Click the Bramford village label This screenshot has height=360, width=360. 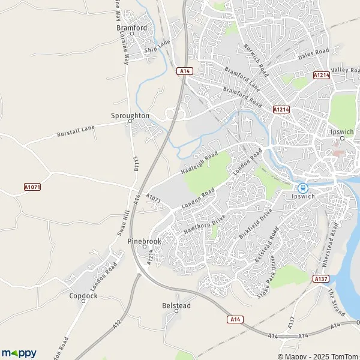131,28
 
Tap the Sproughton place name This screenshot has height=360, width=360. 130,115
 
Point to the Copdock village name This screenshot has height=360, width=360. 83,296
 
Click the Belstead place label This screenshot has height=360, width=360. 176,305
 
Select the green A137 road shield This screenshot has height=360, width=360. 320,278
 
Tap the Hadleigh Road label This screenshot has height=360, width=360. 199,163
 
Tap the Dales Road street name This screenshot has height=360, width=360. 314,55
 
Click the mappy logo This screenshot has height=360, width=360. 19,353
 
